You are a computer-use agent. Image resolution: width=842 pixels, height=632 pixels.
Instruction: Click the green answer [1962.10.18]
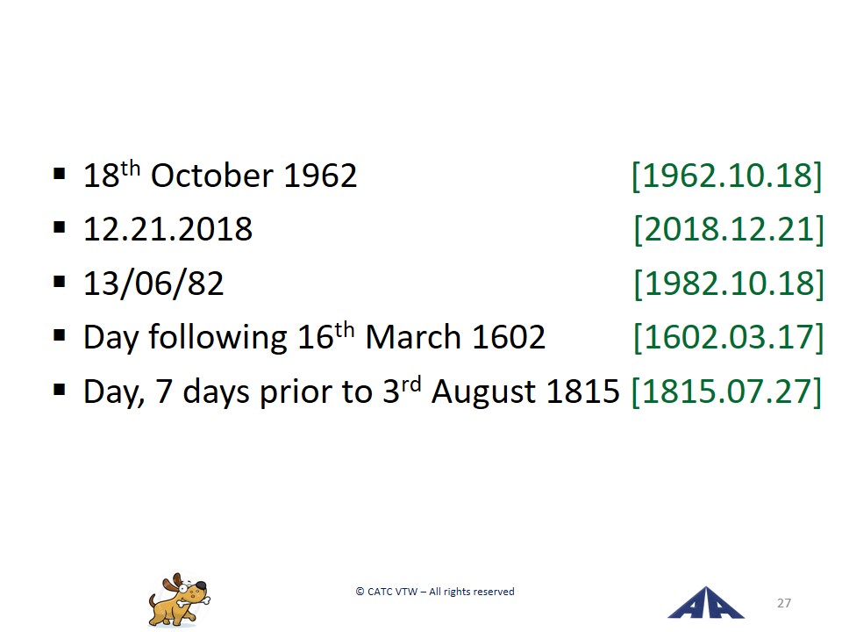point(726,176)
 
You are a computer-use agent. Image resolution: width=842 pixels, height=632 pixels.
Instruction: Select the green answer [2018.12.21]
point(729,229)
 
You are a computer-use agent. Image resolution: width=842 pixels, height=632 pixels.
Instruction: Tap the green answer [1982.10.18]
point(729,284)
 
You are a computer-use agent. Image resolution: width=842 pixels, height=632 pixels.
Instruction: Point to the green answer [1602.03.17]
point(729,337)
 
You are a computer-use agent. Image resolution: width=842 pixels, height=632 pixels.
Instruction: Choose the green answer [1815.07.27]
point(726,391)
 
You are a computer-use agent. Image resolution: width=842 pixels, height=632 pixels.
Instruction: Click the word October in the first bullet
point(212,176)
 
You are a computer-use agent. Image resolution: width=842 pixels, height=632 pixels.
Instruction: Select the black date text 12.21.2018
point(168,229)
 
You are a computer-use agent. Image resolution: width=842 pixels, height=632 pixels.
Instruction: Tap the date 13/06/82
point(153,284)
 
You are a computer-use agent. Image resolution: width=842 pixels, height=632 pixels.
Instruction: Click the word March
point(413,337)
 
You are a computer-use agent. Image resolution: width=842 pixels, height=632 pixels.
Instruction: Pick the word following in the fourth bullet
point(218,338)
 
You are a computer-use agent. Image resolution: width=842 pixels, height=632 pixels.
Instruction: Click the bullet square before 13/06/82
point(60,282)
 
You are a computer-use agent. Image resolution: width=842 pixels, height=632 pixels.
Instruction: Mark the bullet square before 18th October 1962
point(60,174)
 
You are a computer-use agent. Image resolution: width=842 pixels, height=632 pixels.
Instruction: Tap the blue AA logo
point(705,603)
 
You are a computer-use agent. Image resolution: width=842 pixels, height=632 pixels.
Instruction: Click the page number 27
point(784,603)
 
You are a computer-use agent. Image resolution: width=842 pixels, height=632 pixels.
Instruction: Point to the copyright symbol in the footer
point(360,592)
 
